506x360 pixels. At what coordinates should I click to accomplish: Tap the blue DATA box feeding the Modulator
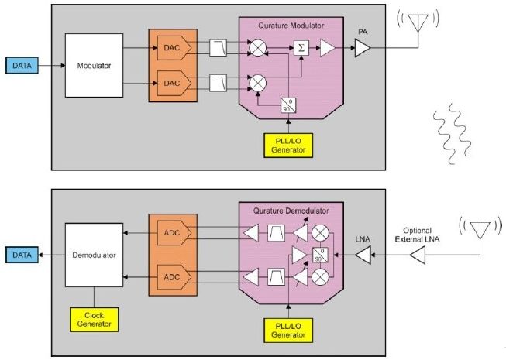click(x=19, y=66)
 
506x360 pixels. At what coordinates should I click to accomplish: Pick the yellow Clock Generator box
click(x=94, y=319)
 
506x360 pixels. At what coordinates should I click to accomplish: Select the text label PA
click(x=362, y=33)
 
